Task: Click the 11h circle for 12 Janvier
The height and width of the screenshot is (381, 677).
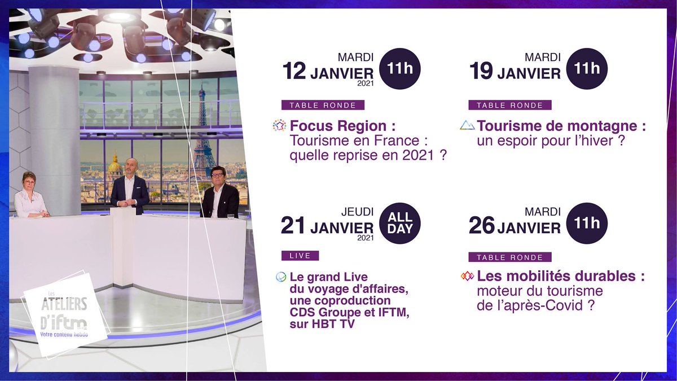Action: (x=400, y=69)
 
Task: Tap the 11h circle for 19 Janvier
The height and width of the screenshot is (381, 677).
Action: (x=587, y=69)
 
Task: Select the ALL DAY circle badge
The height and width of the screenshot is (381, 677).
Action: (x=400, y=224)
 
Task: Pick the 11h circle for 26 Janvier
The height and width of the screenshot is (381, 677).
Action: (x=587, y=224)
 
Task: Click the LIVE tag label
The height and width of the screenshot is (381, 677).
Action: (x=300, y=256)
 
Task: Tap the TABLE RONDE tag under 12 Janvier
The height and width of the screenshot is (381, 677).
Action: (x=323, y=105)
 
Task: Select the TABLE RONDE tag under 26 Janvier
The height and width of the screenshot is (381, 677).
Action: (x=509, y=257)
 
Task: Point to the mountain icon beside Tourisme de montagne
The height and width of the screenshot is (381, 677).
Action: (x=467, y=125)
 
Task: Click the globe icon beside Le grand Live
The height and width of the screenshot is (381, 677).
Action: (x=281, y=277)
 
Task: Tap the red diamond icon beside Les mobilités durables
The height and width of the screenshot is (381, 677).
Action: (x=467, y=277)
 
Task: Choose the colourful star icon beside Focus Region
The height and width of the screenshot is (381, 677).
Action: (x=279, y=125)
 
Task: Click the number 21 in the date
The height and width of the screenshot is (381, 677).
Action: (x=293, y=227)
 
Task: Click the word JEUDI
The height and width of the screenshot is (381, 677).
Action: (x=357, y=212)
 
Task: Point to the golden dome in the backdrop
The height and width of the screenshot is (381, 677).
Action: (x=115, y=165)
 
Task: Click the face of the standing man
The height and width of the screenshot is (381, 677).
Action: (x=131, y=168)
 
